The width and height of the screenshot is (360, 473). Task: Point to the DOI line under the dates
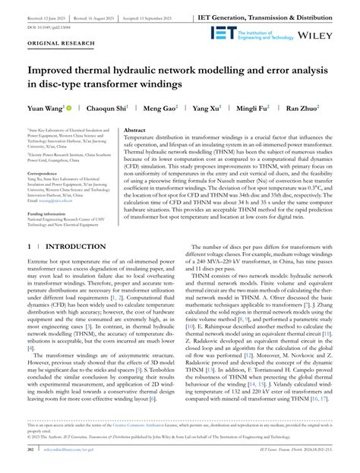point(49,25)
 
